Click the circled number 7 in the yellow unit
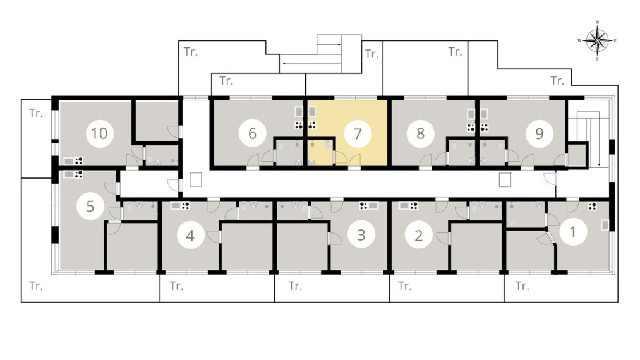(358, 134)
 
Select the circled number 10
(99, 133)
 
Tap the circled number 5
(90, 206)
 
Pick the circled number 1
(573, 232)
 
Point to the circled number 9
(539, 133)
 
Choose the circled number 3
(361, 235)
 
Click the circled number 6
(252, 133)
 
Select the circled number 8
(420, 133)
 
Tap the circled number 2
(418, 236)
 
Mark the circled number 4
(190, 236)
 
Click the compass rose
(597, 41)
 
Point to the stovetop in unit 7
(312, 125)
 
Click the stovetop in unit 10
(79, 161)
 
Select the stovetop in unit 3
(363, 206)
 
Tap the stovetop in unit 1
(592, 207)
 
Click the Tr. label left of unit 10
(36, 113)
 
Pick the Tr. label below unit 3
(295, 285)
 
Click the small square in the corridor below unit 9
(505, 179)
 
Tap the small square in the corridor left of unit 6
(196, 179)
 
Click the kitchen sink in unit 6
(299, 112)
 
